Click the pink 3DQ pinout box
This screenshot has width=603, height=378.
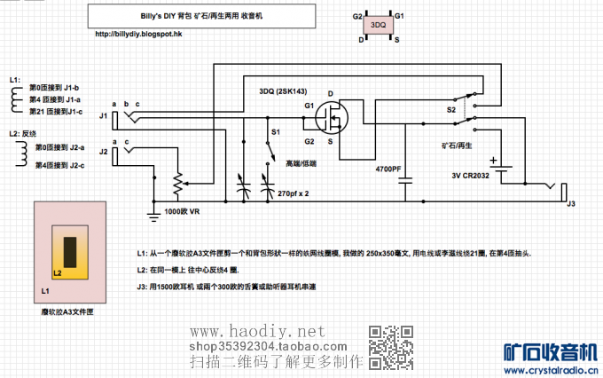pyautogui.click(x=377, y=27)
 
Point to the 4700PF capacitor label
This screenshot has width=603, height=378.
pyautogui.click(x=388, y=169)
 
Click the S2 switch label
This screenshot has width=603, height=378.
pyautogui.click(x=450, y=110)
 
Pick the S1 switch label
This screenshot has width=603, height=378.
pyautogui.click(x=275, y=132)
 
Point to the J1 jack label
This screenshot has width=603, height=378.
pyautogui.click(x=103, y=115)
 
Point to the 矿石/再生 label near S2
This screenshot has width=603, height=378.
pyautogui.click(x=456, y=144)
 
